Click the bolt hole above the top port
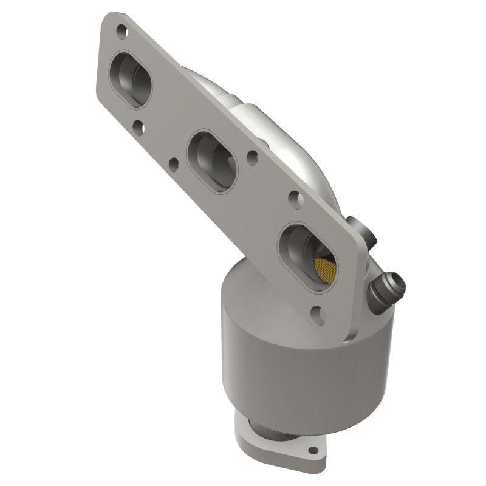pos(122,29)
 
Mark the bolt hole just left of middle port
pos(174,163)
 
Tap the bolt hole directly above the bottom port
pos(295,197)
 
